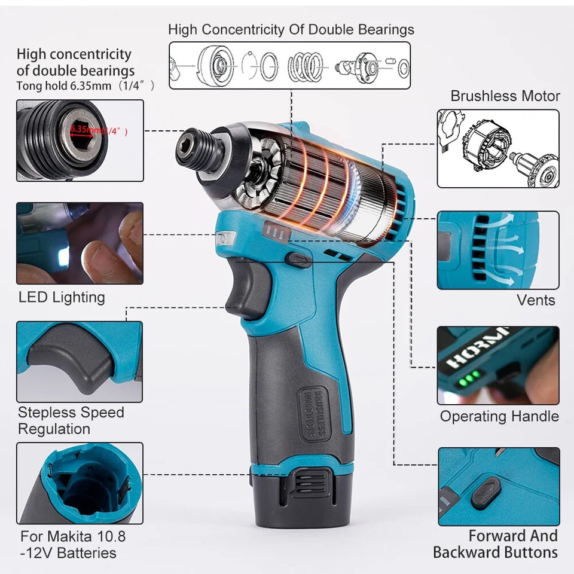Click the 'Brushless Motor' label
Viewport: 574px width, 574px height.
[505, 96]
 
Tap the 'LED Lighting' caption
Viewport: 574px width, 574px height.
[62, 297]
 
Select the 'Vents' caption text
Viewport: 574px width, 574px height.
[536, 300]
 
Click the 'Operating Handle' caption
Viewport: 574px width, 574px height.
[499, 416]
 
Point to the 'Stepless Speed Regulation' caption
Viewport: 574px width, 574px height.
[71, 420]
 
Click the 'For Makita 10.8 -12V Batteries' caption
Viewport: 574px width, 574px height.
[73, 544]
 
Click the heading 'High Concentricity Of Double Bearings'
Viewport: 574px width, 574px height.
[291, 29]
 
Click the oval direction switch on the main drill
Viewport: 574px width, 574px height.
[297, 259]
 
